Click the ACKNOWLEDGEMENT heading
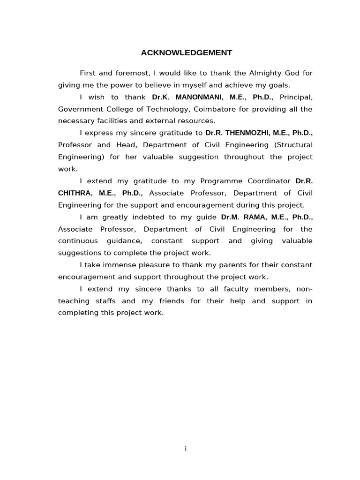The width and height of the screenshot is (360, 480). [186, 53]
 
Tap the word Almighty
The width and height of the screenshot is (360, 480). [263, 73]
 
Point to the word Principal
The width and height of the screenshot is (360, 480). [296, 97]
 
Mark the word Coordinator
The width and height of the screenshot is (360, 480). [268, 181]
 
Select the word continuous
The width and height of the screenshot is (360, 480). [78, 241]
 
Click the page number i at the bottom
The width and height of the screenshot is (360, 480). [186, 449]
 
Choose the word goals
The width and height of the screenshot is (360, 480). [279, 85]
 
